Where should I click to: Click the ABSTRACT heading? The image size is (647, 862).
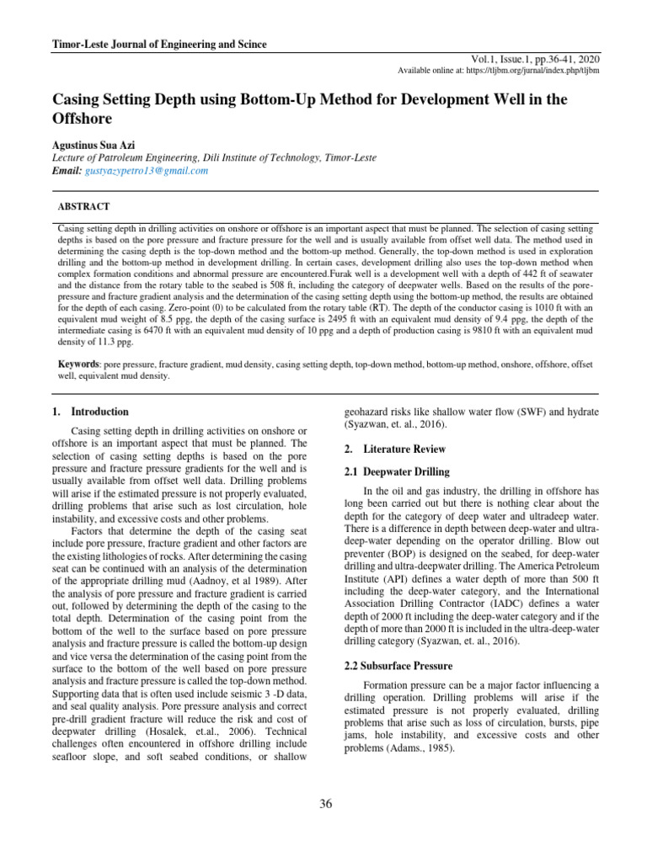pyautogui.click(x=83, y=206)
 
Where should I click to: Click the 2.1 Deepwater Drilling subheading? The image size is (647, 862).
pyautogui.click(x=398, y=471)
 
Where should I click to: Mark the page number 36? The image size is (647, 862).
pyautogui.click(x=326, y=803)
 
